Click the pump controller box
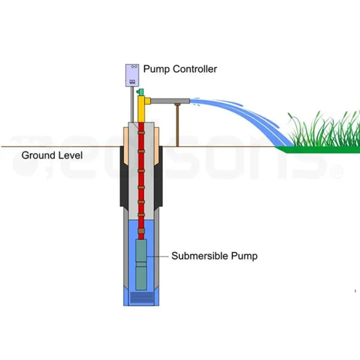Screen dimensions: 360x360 tap(132, 75)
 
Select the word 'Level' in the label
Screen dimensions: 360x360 tap(71, 155)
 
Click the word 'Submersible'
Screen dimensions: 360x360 tap(201, 256)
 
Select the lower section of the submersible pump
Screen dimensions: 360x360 tap(142, 277)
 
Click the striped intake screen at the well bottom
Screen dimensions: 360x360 tap(142, 297)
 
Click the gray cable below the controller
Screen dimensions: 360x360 tap(131, 104)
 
